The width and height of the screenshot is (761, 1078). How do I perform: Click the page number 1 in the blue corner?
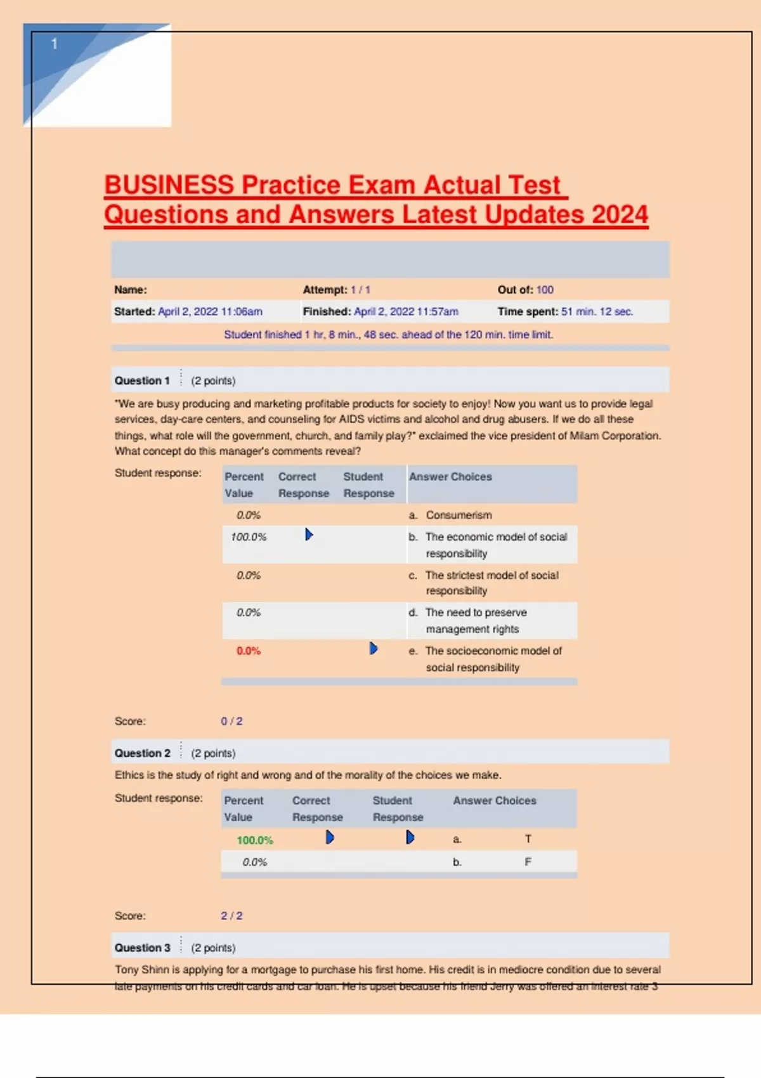pos(55,44)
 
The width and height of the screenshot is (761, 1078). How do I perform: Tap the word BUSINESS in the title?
pos(169,185)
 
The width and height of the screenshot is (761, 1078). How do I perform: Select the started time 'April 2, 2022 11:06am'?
pos(210,311)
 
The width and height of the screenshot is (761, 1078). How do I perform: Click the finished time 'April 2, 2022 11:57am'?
pos(406,311)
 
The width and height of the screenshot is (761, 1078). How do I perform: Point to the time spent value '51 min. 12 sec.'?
pos(597,311)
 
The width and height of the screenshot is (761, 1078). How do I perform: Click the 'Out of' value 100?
pos(545,290)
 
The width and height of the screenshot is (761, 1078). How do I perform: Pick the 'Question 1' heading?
pos(142,380)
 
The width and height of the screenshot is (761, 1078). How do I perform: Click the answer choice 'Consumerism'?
pos(459,515)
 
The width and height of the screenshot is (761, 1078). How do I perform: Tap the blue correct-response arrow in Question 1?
pos(309,535)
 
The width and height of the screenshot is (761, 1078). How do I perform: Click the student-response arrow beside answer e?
pos(374,648)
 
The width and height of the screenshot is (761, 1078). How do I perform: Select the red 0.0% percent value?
pos(249,651)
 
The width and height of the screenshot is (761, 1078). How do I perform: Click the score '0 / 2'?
pos(231,721)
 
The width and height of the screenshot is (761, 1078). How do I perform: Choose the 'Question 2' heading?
pos(142,753)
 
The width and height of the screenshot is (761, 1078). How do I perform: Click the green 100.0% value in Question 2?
pos(254,840)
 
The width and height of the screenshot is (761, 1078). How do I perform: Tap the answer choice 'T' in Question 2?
pos(528,839)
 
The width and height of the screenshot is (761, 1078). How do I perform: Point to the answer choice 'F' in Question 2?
pos(528,862)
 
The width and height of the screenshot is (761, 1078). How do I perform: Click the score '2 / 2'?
pos(231,916)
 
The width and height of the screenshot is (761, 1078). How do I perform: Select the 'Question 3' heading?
pos(142,947)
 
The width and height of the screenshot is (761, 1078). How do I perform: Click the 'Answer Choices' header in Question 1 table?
pos(450,476)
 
